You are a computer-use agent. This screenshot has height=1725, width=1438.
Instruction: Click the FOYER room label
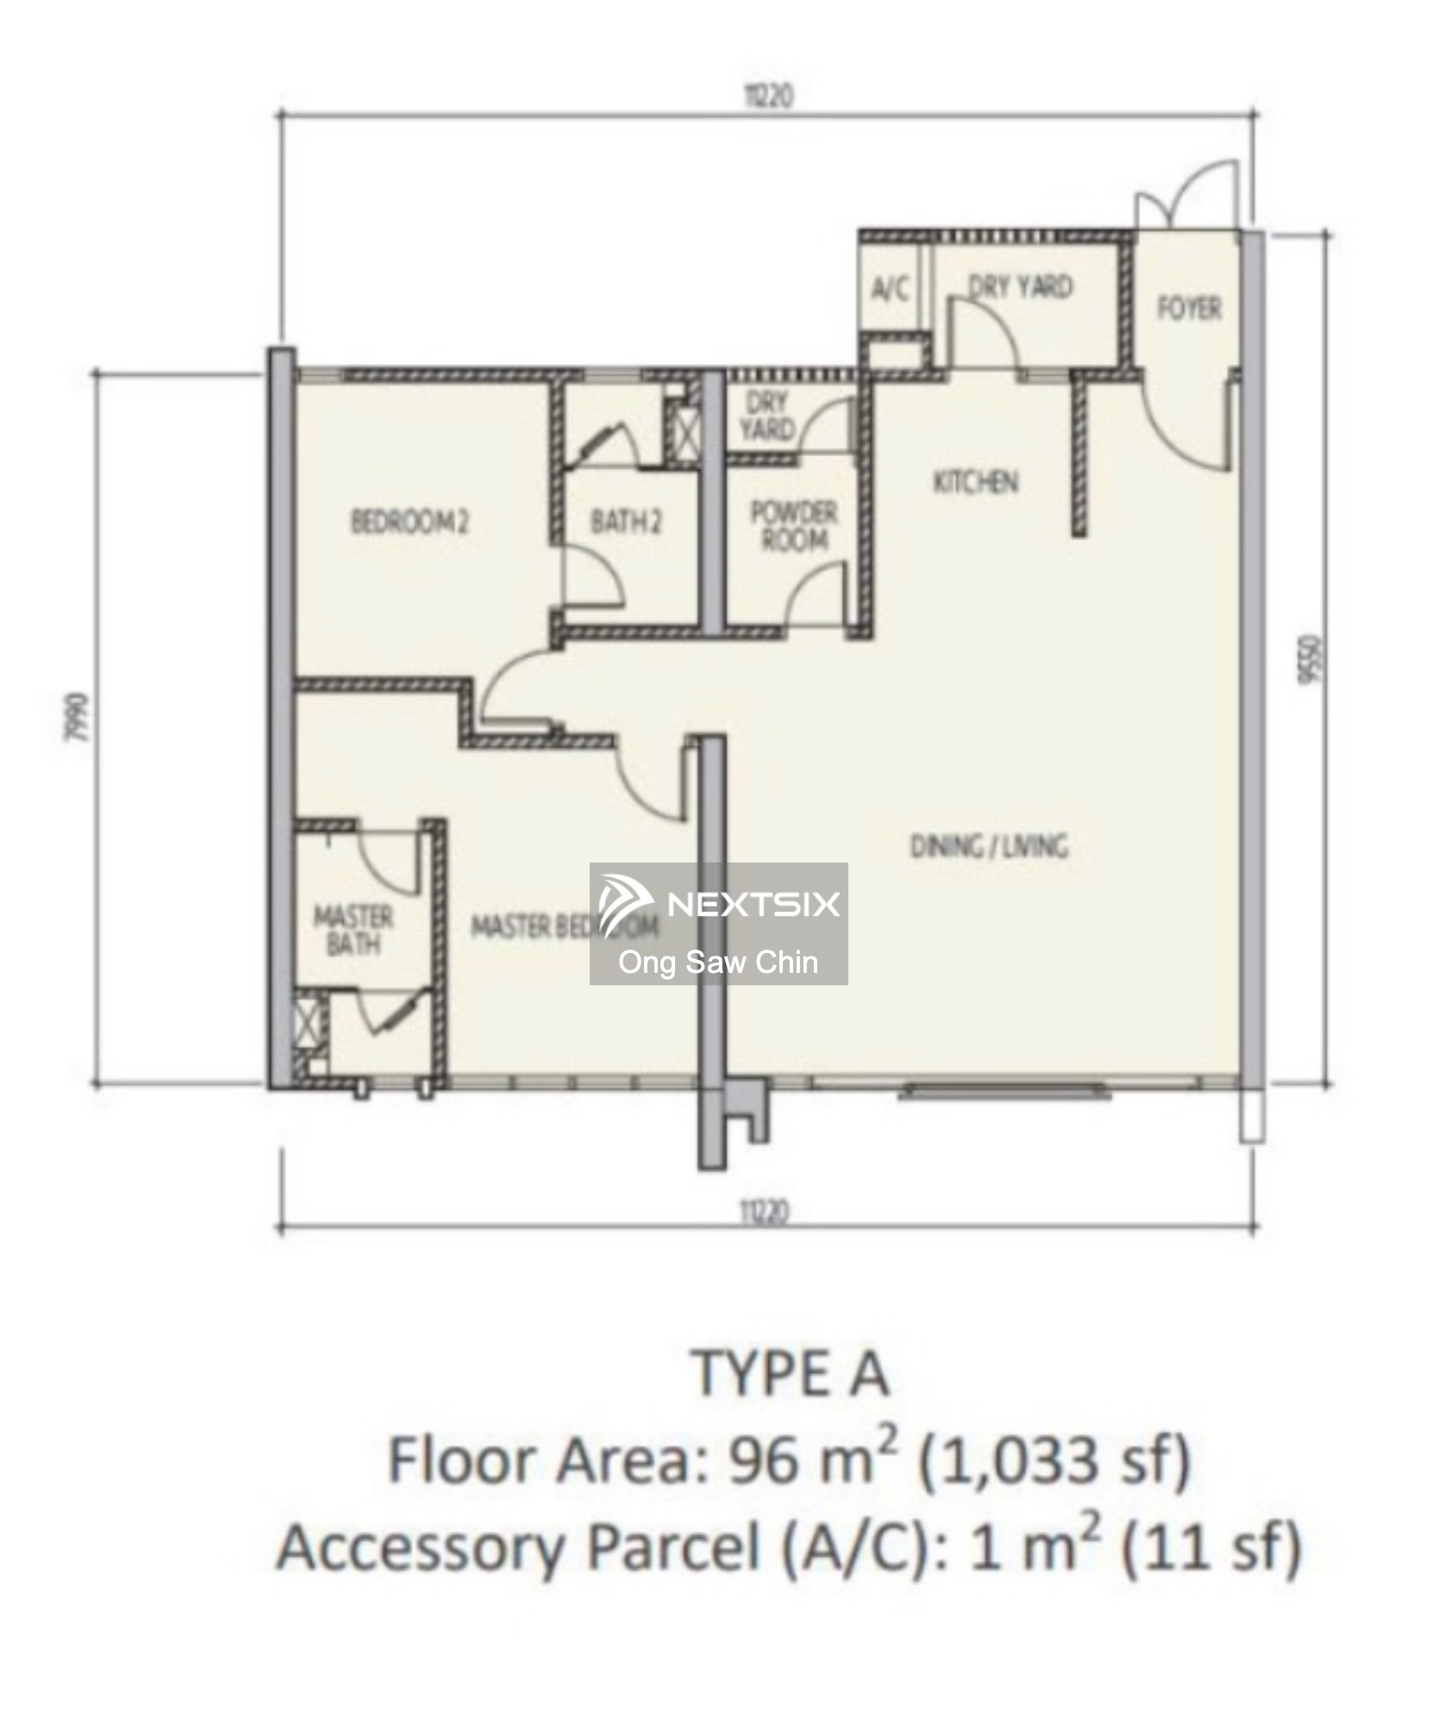coord(1189,308)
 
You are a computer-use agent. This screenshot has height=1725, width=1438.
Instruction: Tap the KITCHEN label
coord(976,481)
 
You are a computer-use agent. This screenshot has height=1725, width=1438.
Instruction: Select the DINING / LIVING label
coord(989,846)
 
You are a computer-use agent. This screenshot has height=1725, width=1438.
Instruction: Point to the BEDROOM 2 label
coord(410,522)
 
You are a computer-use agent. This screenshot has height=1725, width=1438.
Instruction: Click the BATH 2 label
coord(626,522)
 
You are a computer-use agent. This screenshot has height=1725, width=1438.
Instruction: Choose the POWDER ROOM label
coord(794,526)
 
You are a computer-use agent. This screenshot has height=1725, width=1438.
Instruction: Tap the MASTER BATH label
coord(353,930)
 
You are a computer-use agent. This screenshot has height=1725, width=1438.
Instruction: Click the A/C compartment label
coord(890,289)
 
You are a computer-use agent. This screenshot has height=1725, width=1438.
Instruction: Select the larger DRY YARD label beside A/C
coord(1021,286)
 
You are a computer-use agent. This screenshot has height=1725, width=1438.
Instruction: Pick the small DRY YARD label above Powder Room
coord(766,416)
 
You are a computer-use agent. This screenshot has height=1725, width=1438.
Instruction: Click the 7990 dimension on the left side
coord(79,717)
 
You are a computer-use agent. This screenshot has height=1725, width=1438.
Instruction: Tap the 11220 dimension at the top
coord(768,96)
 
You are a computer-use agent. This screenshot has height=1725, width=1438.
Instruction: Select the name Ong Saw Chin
coord(718,962)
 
